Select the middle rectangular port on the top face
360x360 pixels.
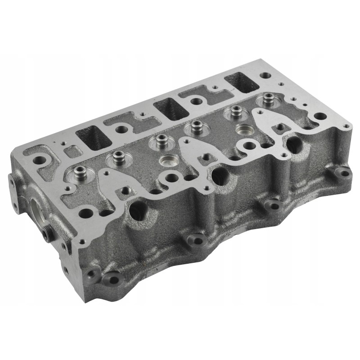[171, 108]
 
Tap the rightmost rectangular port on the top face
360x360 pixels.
[242, 82]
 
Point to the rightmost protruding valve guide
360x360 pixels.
[269, 99]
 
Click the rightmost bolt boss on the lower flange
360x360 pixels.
[343, 172]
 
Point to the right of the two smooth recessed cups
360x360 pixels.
[245, 130]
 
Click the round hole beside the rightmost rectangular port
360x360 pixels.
[266, 76]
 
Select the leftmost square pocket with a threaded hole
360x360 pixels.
[124, 192]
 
